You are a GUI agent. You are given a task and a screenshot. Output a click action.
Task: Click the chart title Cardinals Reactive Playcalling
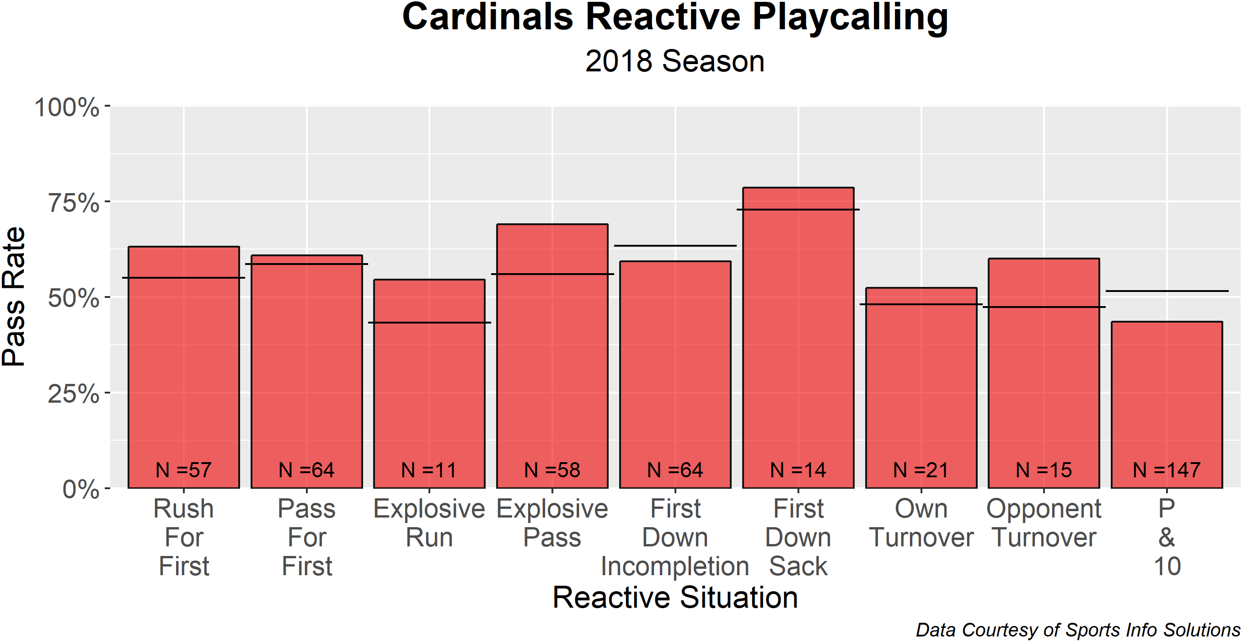pos(675,18)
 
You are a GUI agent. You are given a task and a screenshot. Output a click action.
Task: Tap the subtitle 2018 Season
pos(675,61)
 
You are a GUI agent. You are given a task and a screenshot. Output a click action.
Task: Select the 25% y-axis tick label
pos(73,394)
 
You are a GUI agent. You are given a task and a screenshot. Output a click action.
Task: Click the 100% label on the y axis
pos(67,107)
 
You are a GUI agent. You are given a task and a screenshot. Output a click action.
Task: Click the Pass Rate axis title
pos(14,297)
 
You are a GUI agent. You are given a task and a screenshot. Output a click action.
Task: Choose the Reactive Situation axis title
pos(675,598)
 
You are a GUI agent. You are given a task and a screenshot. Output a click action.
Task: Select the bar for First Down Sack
pos(798,338)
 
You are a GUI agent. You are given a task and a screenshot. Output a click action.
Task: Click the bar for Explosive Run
pos(429,384)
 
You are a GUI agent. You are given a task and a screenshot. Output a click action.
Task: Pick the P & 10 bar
pos(1167,405)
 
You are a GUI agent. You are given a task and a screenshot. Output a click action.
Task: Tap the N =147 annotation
pos(1167,470)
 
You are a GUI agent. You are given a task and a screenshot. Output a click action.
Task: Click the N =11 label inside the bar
pos(429,470)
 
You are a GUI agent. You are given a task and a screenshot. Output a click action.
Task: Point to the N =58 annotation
pos(552,470)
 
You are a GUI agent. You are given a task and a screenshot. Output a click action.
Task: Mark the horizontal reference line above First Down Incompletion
pos(675,246)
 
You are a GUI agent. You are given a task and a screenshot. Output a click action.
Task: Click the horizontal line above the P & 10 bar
pos(1167,291)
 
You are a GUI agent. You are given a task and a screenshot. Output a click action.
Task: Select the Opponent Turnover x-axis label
pos(1044,523)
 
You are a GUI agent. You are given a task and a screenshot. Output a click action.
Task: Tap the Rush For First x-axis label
pos(184,537)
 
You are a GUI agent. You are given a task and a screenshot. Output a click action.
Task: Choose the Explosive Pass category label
pos(552,523)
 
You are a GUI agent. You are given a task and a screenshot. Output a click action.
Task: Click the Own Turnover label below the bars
pos(921,523)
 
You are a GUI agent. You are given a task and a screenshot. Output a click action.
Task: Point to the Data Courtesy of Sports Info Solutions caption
pos(1078,630)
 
